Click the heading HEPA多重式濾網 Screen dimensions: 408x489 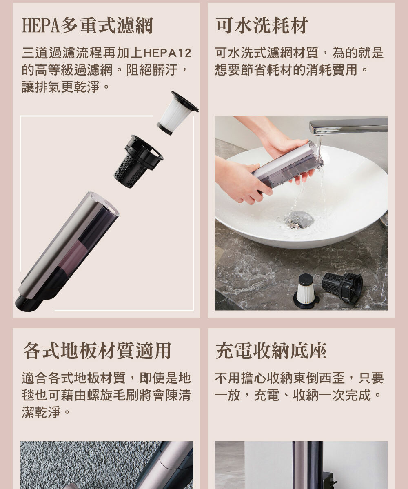tap(88, 26)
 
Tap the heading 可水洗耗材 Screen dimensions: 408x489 tap(262, 25)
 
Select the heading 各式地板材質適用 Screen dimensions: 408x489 tap(97, 351)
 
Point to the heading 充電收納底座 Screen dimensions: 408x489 tap(271, 351)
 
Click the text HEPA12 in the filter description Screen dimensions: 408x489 tap(167, 53)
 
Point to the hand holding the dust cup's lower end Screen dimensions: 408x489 tap(242, 180)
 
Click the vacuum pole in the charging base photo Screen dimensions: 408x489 tap(307, 465)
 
